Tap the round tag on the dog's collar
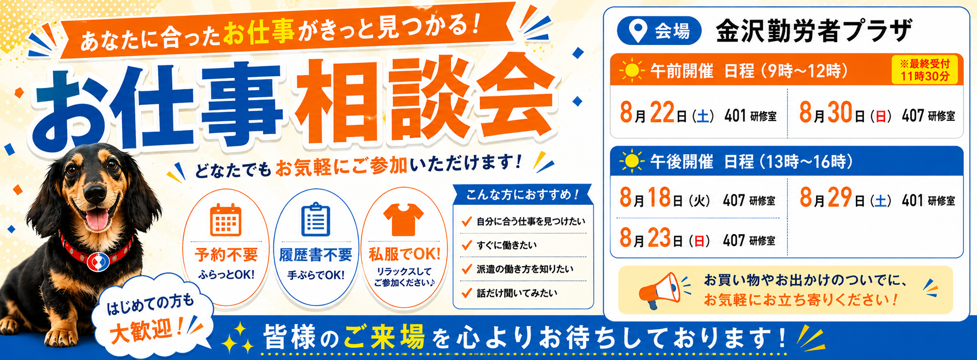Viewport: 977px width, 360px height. click(x=98, y=261)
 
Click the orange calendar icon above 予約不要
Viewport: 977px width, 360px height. click(x=226, y=220)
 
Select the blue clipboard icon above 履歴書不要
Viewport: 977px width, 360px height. click(x=315, y=219)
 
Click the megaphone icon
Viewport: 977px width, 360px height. click(x=659, y=290)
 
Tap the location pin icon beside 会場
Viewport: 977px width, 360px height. click(x=638, y=31)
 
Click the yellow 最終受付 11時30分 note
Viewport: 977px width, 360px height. click(x=925, y=70)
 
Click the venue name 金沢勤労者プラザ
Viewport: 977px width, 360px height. click(x=813, y=31)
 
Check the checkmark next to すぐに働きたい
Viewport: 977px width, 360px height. click(x=467, y=245)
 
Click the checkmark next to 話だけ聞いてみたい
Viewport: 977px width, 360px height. click(x=467, y=293)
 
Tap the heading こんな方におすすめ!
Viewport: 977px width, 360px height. click(x=523, y=194)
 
